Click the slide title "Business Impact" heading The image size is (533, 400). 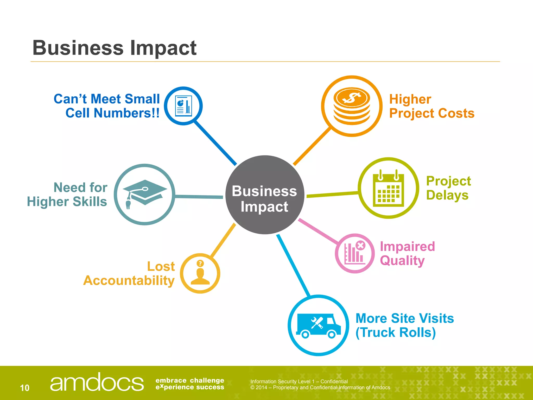click(115, 48)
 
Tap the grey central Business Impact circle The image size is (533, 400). click(264, 195)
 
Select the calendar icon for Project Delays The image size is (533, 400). click(388, 189)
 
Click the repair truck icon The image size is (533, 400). click(318, 326)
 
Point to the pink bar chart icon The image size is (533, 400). click(354, 253)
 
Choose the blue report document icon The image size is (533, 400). click(183, 106)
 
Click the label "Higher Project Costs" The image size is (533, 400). click(432, 106)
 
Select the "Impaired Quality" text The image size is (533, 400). click(407, 253)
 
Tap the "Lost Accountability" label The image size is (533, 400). click(129, 273)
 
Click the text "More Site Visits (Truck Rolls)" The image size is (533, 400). click(404, 326)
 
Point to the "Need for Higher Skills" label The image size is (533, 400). click(67, 195)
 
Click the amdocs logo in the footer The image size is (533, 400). click(97, 382)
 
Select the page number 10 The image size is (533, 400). click(25, 388)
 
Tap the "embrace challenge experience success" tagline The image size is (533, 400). click(190, 384)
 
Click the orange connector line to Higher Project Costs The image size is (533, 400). click(312, 146)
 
